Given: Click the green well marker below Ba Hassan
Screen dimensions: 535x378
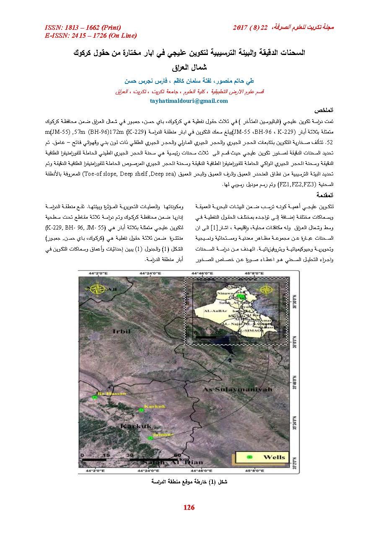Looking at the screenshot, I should pyautogui.click(x=95, y=397).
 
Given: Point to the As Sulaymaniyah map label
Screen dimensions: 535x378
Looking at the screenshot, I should pyautogui.click(x=226, y=390).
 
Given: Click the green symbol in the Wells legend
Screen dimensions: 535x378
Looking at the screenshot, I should pyautogui.click(x=250, y=457).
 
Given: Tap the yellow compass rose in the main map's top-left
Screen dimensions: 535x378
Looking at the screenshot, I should pyautogui.click(x=99, y=289).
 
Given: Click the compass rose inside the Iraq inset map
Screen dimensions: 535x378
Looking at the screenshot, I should pyautogui.click(x=267, y=290).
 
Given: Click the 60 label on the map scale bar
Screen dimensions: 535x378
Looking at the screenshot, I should pyautogui.click(x=177, y=455).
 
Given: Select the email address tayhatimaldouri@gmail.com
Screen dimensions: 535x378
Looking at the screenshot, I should pyautogui.click(x=189, y=101).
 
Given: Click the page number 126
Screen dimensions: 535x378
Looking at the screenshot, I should pyautogui.click(x=189, y=508).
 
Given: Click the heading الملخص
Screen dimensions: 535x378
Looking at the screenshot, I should pyautogui.click(x=326, y=110).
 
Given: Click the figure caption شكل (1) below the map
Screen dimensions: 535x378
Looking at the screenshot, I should pyautogui.click(x=189, y=481).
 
